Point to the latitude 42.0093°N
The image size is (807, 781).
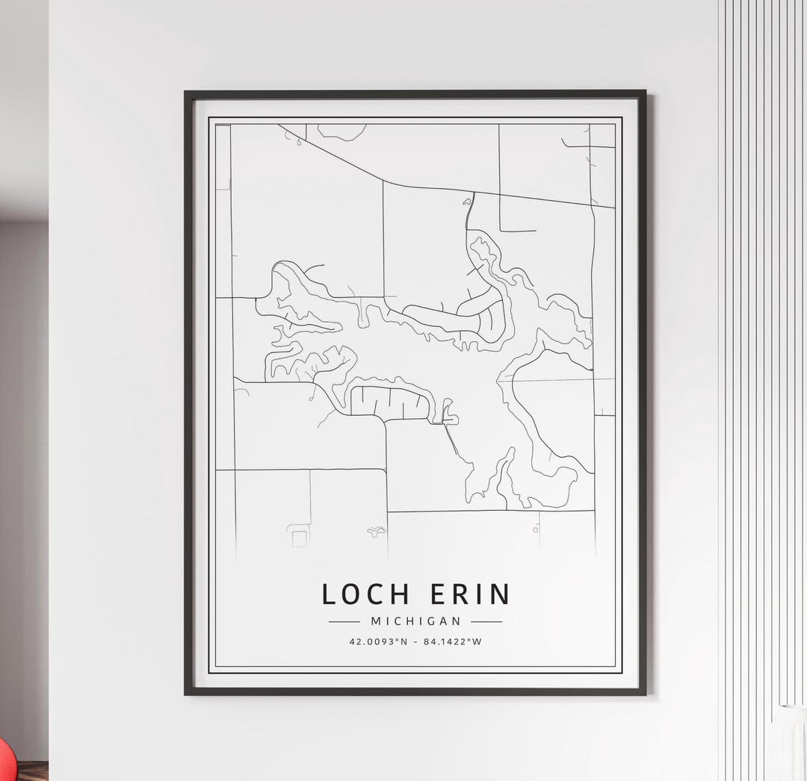379,641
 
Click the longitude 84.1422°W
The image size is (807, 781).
453,641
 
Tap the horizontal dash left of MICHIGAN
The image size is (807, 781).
344,621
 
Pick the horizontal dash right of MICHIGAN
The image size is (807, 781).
486,621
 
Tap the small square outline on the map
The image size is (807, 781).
299,538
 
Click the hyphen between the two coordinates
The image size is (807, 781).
415,641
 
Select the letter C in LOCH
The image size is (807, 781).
378,594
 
